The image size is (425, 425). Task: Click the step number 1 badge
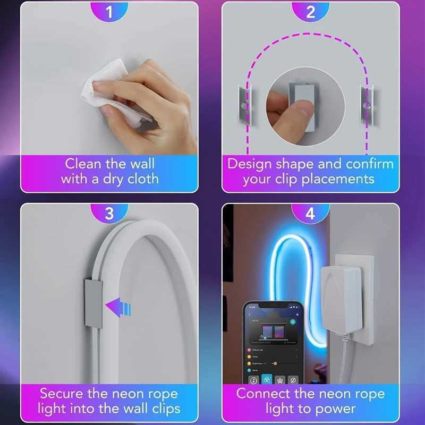[x=109, y=11]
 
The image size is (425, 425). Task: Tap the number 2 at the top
[x=311, y=11]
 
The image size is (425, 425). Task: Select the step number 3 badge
[x=109, y=213]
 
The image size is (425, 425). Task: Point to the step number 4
[x=311, y=213]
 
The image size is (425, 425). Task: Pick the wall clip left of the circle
[x=243, y=106]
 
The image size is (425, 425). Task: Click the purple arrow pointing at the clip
[x=119, y=307]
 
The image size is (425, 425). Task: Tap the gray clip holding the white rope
[x=93, y=303]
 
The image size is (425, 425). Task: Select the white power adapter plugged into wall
[x=341, y=297]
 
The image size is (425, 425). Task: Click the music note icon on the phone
[x=253, y=380]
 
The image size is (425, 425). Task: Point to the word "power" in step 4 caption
[x=334, y=409]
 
